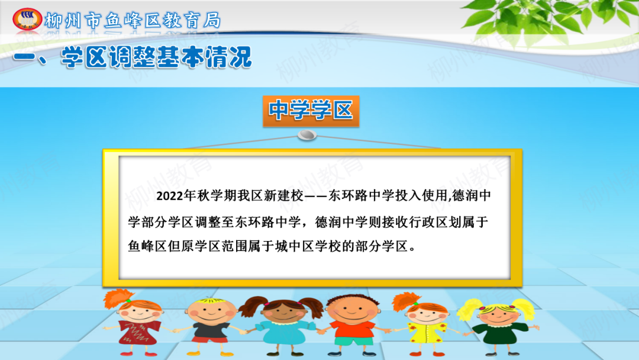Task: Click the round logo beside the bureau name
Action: (x=27, y=19)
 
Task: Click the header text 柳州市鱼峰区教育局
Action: (x=133, y=20)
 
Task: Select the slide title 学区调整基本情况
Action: (x=156, y=57)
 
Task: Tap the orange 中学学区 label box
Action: (x=311, y=111)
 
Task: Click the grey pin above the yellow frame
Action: (x=307, y=135)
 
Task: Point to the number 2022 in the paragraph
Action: (x=170, y=196)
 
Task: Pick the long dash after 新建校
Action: (x=316, y=196)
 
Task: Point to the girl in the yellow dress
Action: (x=424, y=324)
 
